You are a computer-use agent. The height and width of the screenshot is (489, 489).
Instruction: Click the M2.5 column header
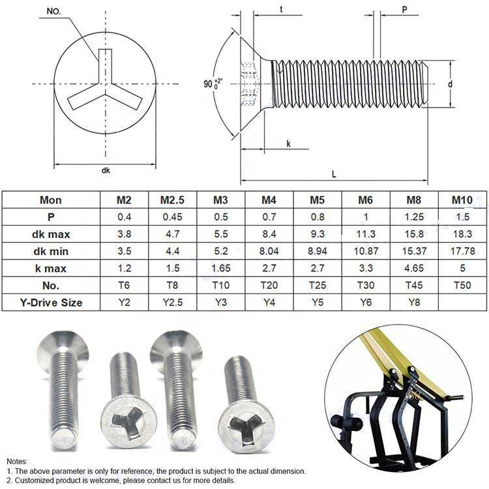(172, 200)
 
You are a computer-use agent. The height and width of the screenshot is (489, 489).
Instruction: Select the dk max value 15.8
(414, 234)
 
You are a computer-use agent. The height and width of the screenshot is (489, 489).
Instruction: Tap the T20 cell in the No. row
(269, 285)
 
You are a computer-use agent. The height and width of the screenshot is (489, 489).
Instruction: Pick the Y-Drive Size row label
(51, 303)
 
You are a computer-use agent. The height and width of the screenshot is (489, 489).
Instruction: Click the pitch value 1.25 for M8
(414, 216)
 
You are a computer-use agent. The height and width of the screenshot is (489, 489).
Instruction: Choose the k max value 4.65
(414, 268)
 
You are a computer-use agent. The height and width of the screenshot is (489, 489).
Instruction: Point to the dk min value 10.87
(366, 251)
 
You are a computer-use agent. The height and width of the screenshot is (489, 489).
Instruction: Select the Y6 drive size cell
(366, 302)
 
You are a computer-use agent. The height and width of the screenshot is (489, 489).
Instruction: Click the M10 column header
(462, 200)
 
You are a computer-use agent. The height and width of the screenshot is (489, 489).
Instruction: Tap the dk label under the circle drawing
(106, 170)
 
